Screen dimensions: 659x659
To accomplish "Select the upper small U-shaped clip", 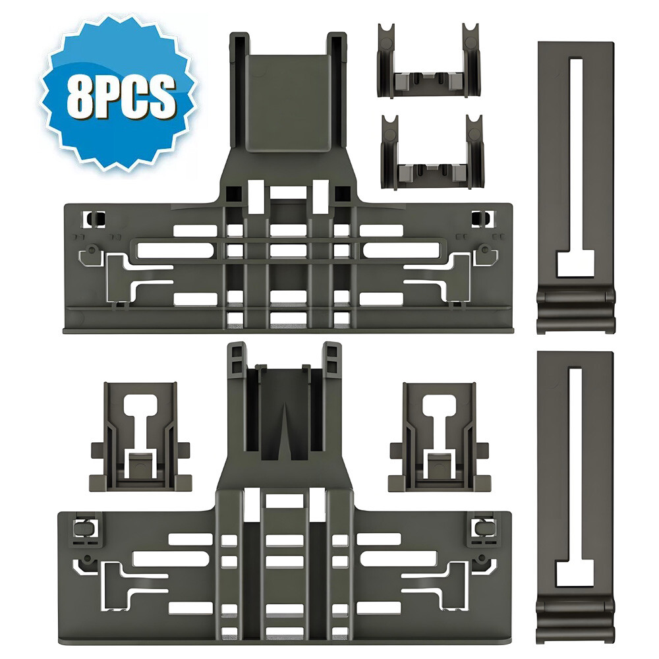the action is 429,61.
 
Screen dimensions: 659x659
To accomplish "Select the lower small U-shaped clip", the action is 432,152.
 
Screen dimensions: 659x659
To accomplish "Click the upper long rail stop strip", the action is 576,187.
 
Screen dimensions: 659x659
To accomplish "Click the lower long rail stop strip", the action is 575,497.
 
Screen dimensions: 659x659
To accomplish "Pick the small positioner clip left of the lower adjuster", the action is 140,437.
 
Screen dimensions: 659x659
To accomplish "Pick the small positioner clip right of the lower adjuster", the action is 439,437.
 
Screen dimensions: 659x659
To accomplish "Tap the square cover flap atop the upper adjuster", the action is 288,103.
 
